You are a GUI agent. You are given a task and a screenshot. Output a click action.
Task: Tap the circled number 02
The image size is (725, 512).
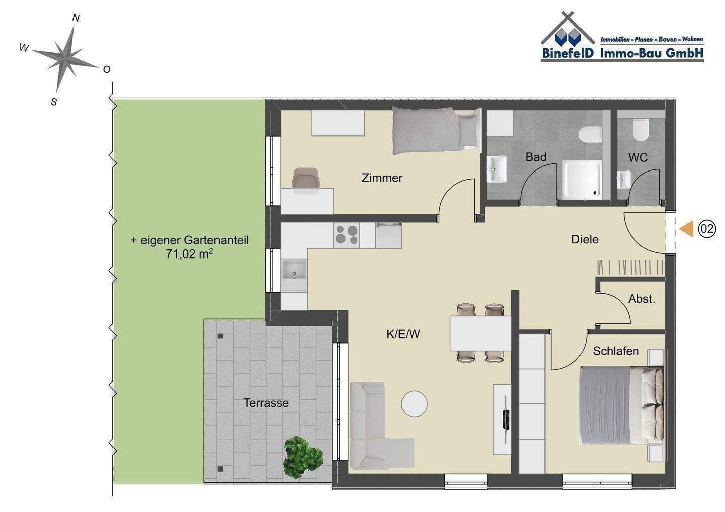coord(707,229)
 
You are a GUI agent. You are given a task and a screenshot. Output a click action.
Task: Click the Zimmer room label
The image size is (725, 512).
coord(382,178)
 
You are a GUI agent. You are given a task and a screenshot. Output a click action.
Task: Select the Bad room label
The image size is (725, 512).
coord(536,157)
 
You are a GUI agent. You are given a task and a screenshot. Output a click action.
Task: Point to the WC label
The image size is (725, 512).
coord(638,158)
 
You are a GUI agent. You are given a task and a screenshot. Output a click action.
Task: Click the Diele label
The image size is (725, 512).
coord(585,239)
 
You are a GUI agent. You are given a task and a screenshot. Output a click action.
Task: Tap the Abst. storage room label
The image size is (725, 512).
coord(641,299)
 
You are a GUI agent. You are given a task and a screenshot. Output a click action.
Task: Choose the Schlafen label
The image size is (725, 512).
coord(616,351)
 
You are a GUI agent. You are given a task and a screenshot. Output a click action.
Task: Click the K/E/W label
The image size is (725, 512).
coord(403,334)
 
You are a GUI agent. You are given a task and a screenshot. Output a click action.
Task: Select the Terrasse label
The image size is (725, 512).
coord(266,403)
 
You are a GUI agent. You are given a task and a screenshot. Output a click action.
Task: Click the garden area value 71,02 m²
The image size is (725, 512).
coord(189,254)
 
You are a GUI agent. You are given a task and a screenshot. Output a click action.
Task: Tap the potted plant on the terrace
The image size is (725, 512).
coord(303,456)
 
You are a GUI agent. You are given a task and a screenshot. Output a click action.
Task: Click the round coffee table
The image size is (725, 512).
coord(414,404)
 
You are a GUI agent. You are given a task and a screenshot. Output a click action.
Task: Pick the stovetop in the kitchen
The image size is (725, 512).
coord(346,235)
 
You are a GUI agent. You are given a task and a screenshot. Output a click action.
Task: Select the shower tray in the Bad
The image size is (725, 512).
coord(582,180)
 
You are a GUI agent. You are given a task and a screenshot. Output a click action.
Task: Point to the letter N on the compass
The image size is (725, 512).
coord(76,18)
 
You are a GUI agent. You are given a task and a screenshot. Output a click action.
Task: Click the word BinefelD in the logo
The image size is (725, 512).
coord(568,53)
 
